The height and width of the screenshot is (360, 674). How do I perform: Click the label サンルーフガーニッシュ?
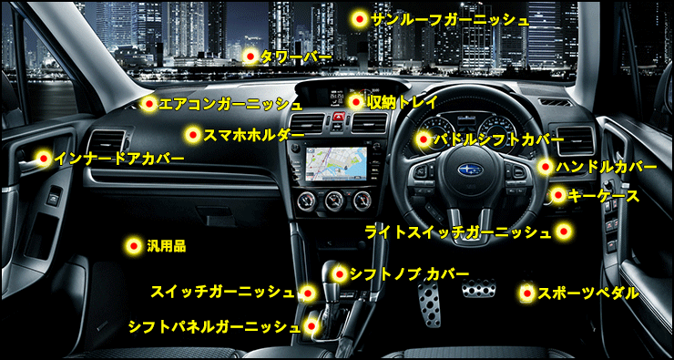point(449,20)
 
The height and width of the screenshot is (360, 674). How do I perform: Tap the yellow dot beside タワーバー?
point(250,57)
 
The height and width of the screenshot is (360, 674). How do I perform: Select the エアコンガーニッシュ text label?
point(230,104)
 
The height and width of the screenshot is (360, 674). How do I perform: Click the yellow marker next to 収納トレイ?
point(355,102)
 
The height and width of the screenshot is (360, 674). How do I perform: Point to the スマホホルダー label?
point(253,135)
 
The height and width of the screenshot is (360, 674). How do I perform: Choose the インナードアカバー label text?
point(119,159)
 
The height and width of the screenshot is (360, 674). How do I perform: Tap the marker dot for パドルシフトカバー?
point(424,139)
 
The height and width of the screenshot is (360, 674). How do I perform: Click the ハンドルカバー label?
point(606,167)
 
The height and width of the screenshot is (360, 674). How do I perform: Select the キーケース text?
point(603,196)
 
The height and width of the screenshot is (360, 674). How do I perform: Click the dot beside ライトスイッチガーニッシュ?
point(564,231)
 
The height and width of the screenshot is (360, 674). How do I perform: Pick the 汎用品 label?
point(166,246)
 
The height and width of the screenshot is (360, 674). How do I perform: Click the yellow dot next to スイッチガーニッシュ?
point(307,293)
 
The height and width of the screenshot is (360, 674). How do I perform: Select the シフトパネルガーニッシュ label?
point(214,327)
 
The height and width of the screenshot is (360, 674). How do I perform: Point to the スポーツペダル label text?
point(587,293)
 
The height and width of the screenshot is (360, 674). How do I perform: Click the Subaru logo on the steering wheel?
point(470,170)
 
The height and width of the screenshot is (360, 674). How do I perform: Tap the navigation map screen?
point(336,162)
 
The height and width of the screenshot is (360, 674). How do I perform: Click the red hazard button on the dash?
point(338,116)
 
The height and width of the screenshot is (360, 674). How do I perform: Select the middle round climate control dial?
point(335,201)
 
